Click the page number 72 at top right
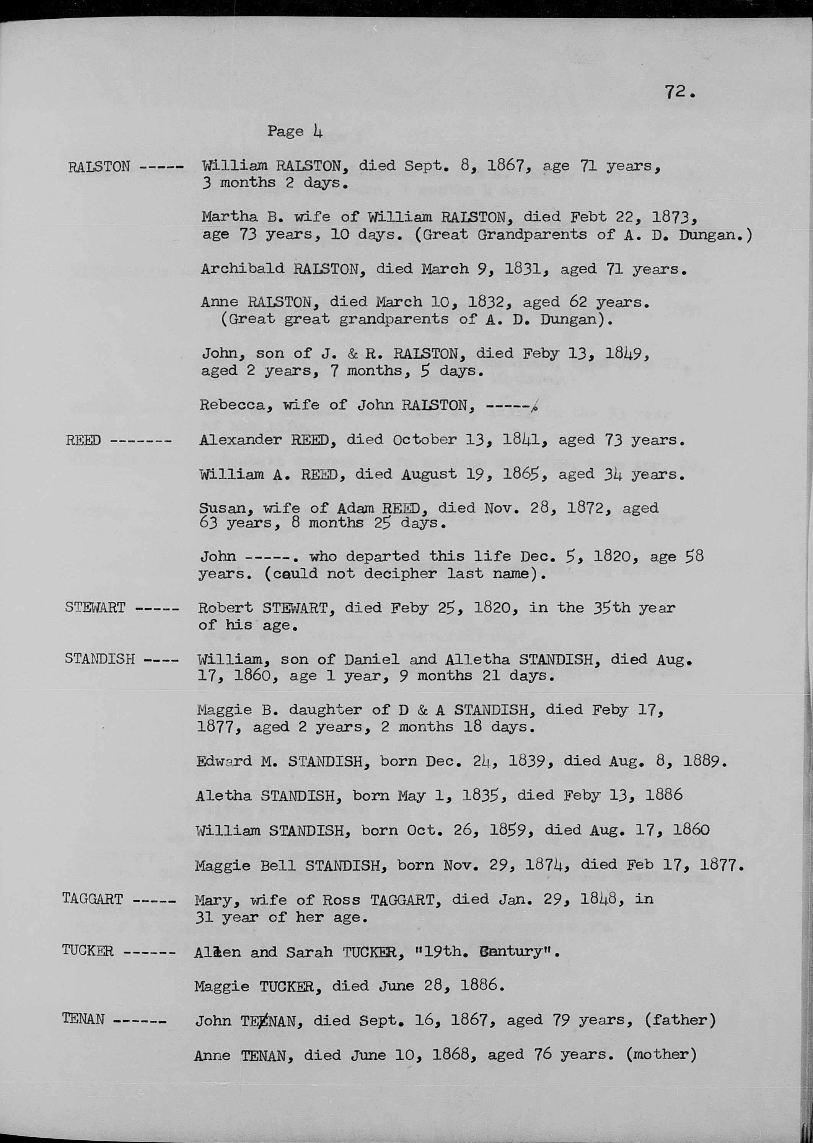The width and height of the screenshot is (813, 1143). pyautogui.click(x=678, y=93)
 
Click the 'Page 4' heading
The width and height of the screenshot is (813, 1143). pyautogui.click(x=294, y=131)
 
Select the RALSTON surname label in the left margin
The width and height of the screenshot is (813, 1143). pyautogui.click(x=99, y=167)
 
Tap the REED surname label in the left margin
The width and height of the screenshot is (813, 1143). pyautogui.click(x=83, y=441)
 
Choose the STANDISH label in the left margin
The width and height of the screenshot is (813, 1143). pyautogui.click(x=99, y=659)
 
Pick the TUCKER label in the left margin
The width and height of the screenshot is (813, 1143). pyautogui.click(x=88, y=950)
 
